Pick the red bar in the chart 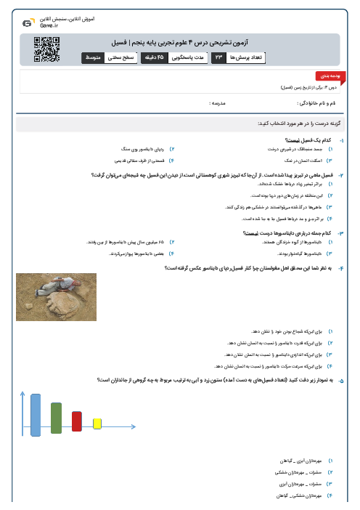coord(77,421)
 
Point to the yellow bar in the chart coord(97,424)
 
